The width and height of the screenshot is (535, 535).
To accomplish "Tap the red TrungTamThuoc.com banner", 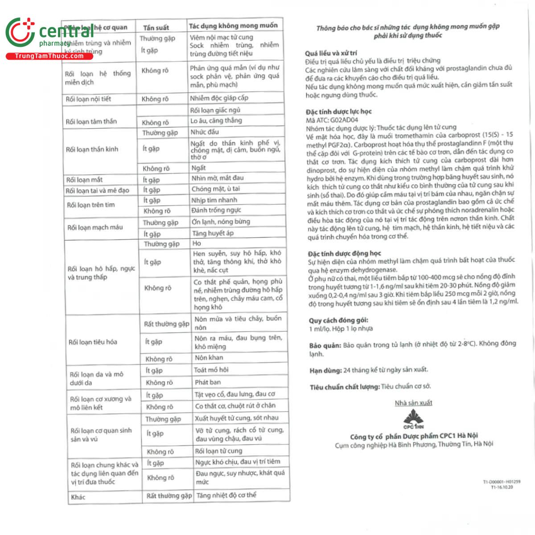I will pos(49,56).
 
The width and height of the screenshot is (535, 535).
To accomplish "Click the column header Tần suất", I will pos(156,28).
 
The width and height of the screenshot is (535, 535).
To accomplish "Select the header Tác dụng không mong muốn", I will pos(233,26).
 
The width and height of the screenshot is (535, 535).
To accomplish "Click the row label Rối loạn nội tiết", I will pos(88,99).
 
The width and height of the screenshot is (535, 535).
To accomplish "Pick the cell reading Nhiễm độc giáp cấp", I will pos(219,98).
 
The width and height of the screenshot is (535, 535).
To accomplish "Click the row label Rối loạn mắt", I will pos(84,180).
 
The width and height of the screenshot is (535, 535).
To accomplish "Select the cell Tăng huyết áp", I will pos(212,233).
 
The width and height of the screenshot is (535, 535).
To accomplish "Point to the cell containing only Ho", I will pos(197,243).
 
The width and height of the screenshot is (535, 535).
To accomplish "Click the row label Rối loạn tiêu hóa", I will pos(93,342).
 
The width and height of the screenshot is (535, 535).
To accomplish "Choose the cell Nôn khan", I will pos(209,358).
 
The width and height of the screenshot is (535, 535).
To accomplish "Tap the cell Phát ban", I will pos(207,382).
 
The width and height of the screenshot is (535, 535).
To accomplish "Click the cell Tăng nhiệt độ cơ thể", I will pos(226,495).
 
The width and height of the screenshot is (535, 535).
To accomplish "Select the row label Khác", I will pos(78,497).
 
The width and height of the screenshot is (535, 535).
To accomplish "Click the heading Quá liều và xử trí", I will pos(331,53).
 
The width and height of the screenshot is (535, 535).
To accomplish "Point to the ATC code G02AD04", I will pos(344,119).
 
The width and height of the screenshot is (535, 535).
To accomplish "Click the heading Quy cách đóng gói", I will pos(338,320).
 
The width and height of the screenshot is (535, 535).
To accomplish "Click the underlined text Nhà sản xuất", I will pos(413,403).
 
